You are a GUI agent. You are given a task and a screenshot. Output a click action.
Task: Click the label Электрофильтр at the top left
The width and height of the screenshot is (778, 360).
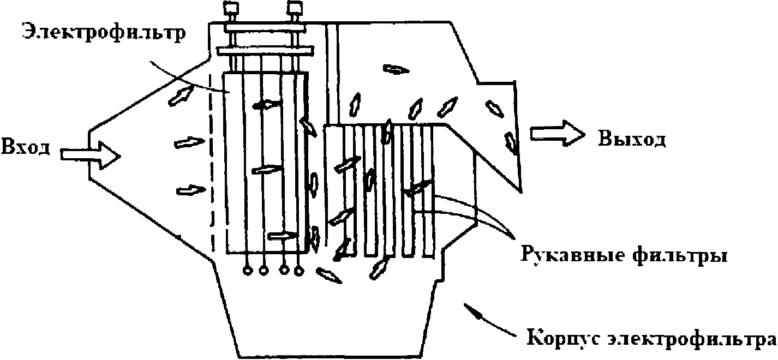click(104, 32)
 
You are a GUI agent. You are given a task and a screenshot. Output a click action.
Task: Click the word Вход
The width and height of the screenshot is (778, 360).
click(27, 147)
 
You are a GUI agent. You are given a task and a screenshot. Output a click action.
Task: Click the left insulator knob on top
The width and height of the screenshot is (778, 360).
click(229, 8)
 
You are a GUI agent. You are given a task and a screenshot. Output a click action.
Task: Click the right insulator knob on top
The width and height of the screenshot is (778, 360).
click(296, 8)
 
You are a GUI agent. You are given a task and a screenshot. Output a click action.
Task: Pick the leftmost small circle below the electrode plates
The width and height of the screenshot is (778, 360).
click(247, 270)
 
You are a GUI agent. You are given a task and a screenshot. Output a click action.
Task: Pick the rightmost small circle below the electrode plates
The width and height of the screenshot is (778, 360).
click(298, 270)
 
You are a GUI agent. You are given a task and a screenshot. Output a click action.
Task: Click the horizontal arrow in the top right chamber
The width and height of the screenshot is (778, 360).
click(396, 69)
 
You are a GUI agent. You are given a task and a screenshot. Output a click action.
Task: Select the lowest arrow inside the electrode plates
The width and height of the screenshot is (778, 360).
click(283, 235)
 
